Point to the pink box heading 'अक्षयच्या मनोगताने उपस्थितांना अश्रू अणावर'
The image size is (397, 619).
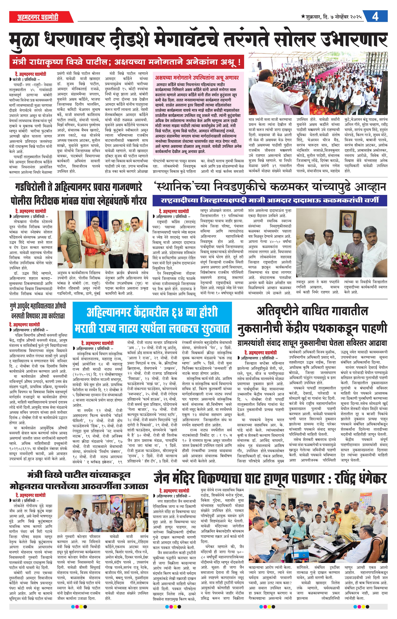click(197, 77)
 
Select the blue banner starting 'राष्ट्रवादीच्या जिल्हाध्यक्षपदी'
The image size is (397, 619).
click(269, 200)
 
